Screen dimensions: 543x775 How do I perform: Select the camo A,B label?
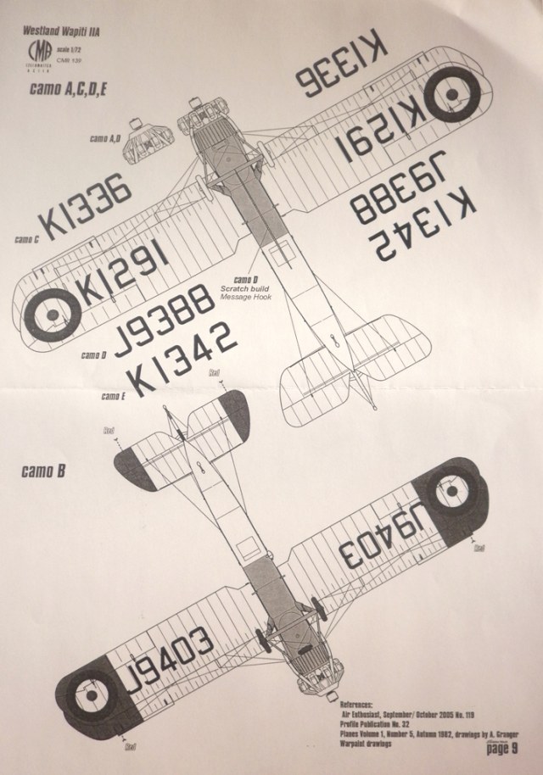[x=105, y=137]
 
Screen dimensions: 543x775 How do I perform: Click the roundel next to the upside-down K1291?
[x=451, y=86]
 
